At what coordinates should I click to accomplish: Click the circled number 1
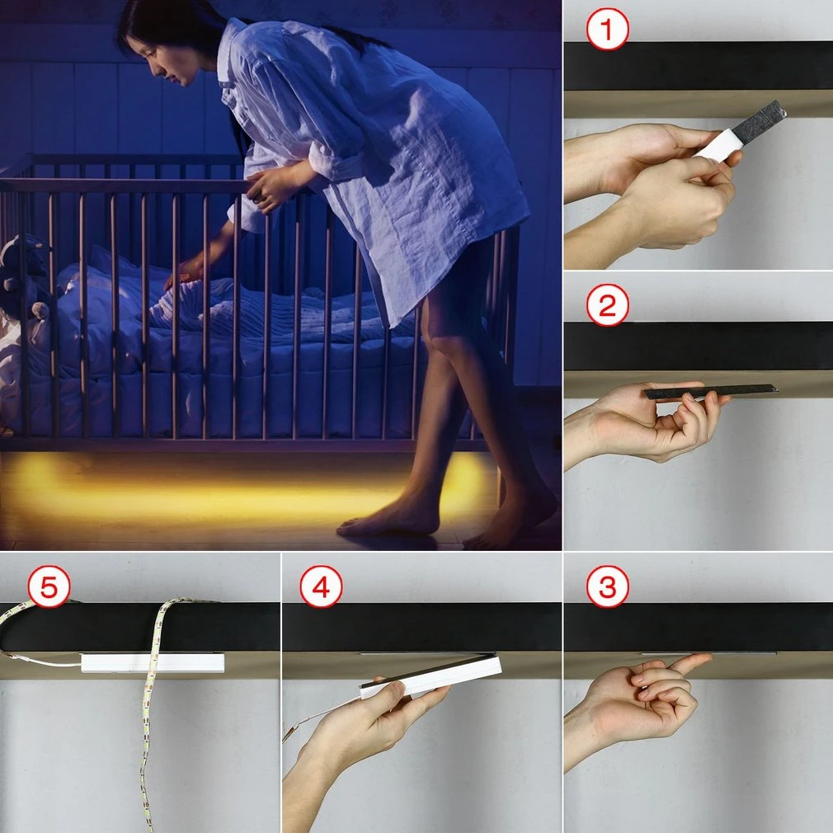(x=607, y=29)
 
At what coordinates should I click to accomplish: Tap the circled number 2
(x=607, y=305)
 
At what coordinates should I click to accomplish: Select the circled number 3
(x=607, y=586)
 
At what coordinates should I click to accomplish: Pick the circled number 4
(x=321, y=586)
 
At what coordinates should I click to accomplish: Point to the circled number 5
(x=49, y=586)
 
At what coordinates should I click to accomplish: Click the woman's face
(x=162, y=59)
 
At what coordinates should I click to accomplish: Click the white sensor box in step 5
(x=153, y=663)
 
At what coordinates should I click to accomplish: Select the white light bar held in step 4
(x=431, y=676)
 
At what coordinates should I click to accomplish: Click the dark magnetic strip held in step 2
(x=710, y=391)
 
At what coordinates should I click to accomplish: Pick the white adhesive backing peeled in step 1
(x=720, y=144)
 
